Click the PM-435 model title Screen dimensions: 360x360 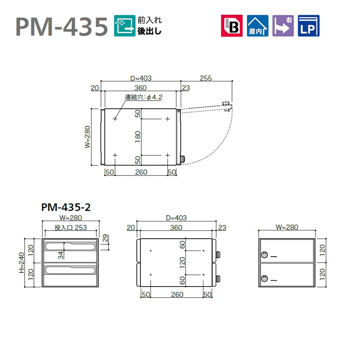62,27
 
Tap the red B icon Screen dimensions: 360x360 232,26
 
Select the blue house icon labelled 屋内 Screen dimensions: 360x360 257,26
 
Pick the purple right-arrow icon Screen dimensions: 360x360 283,26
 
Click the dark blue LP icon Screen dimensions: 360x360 309,26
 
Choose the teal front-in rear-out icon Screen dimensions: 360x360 125,26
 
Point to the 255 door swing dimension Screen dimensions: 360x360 206,78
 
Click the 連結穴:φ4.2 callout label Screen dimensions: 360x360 143,97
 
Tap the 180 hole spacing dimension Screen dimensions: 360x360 138,137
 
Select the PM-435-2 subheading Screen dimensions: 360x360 66,207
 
